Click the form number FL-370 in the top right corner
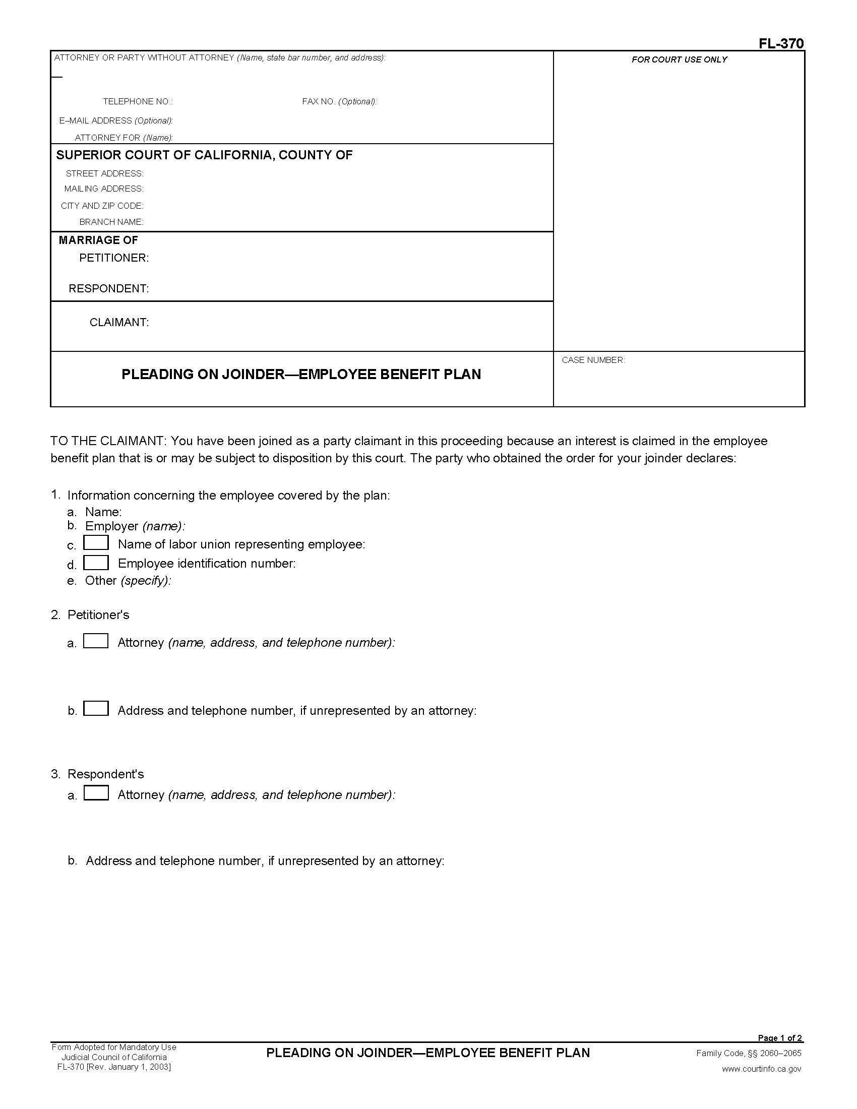781,44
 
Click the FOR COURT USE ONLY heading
679,59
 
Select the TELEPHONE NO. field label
138,101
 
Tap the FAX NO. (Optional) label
339,101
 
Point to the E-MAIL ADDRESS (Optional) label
116,121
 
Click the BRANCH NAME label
111,222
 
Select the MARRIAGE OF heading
98,240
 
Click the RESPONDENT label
109,288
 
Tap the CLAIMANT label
119,323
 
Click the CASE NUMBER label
593,360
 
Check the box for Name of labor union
96,543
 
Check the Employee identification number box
96,562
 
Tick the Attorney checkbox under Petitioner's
96,641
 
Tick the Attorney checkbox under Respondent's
96,793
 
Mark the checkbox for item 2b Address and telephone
96,708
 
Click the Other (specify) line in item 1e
128,580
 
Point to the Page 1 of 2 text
780,1038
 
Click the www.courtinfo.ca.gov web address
762,1069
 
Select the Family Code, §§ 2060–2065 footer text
748,1053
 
